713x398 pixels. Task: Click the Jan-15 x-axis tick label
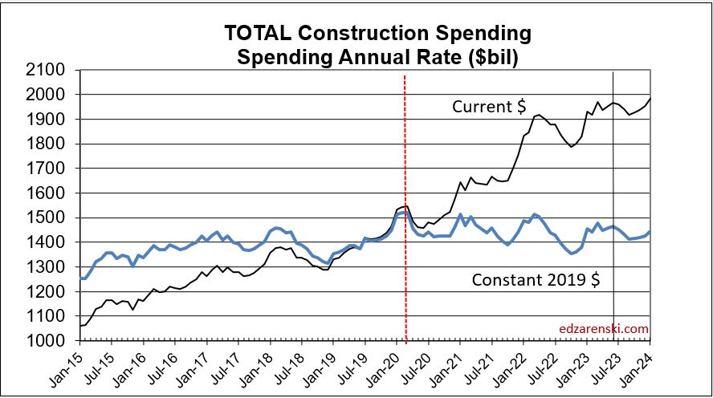coord(68,363)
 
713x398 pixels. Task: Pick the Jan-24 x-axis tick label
coord(638,363)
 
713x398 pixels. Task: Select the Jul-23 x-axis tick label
coord(607,363)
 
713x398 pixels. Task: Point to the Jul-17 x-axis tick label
coord(226,363)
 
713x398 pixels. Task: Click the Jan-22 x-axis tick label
coord(511,363)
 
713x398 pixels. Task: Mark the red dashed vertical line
coord(404,241)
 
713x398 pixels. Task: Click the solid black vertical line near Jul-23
coord(614,241)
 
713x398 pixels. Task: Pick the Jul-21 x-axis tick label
coord(480,363)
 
